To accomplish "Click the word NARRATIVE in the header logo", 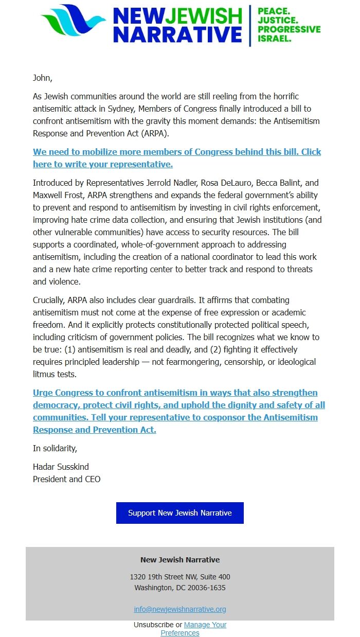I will pos(177,34).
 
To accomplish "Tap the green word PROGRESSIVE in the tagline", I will pos(289,29).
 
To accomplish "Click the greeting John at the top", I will pos(42,78).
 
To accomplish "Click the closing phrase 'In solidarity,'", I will pos(55,448).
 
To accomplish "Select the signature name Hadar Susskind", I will pos(61,467).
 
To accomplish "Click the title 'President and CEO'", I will pos(66,479).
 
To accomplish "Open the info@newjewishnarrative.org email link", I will pos(179,609).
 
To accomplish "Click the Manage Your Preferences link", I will pos(205,625).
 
